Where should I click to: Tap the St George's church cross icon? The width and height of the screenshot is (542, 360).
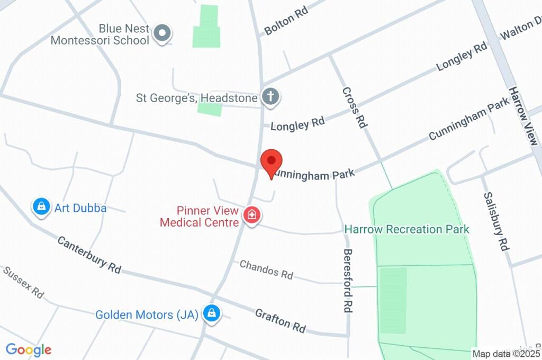(x=270, y=97)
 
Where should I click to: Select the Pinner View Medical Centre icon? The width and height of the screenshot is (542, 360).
(x=252, y=215)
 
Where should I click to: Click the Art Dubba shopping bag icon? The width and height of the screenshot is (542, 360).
(x=41, y=208)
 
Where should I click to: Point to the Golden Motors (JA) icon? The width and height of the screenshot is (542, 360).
(x=212, y=313)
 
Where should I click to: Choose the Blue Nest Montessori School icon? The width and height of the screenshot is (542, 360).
(x=161, y=33)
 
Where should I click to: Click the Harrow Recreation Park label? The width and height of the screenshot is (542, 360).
(x=406, y=229)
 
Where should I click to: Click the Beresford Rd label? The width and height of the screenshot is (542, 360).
(x=348, y=281)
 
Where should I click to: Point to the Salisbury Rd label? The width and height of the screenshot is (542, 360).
(x=496, y=221)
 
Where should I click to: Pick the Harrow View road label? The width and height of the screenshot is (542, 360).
(x=523, y=116)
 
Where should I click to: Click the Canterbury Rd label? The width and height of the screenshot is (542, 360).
(x=89, y=254)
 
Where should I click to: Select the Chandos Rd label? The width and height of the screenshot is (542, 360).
(x=266, y=269)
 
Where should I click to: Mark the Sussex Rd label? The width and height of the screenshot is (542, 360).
(x=24, y=282)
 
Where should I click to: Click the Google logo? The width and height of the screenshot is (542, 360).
(x=29, y=349)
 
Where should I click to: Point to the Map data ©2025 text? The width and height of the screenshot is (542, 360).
(x=506, y=354)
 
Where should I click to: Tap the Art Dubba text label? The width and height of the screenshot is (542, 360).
(x=80, y=208)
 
